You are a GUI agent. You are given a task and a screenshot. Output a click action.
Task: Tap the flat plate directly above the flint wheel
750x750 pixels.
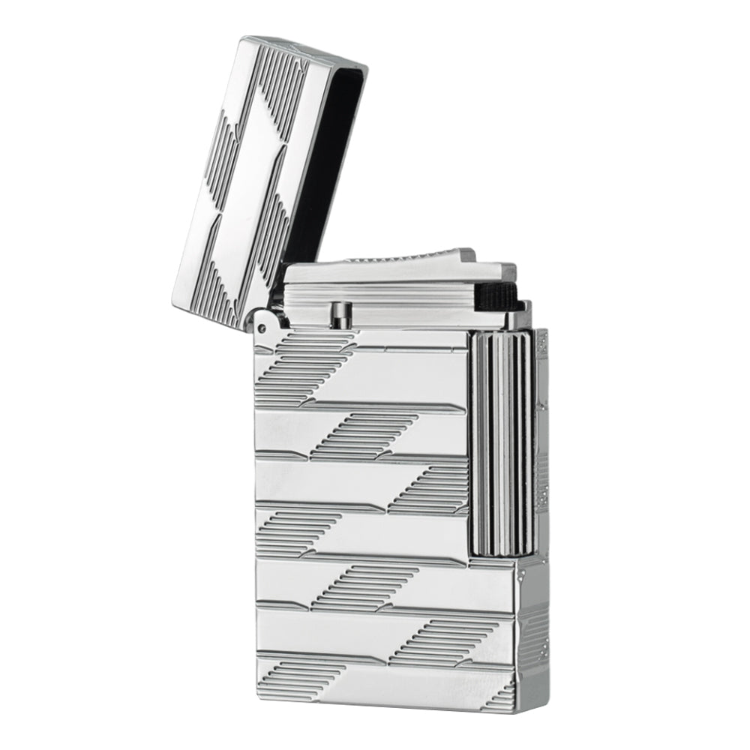pyautogui.click(x=491, y=272)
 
